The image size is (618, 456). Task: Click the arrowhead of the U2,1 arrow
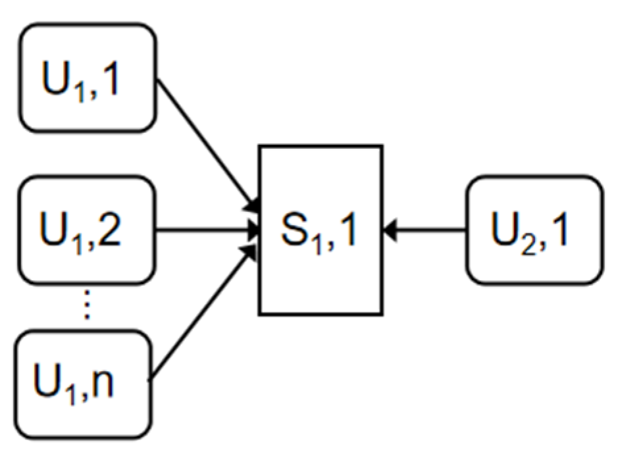390,230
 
